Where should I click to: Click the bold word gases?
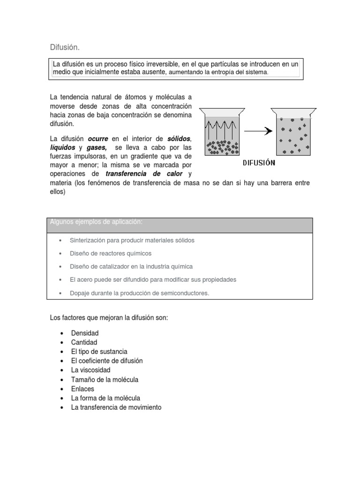(x=97, y=147)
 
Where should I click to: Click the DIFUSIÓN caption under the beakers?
(x=259, y=163)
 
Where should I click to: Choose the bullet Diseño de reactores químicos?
(x=111, y=253)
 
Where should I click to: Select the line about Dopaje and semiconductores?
(x=139, y=293)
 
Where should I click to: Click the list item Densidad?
(x=85, y=333)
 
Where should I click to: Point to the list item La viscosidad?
(x=90, y=370)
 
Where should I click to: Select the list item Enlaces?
(x=82, y=389)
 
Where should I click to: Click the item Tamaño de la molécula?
(x=105, y=379)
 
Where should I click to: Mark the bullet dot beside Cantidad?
(x=62, y=342)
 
